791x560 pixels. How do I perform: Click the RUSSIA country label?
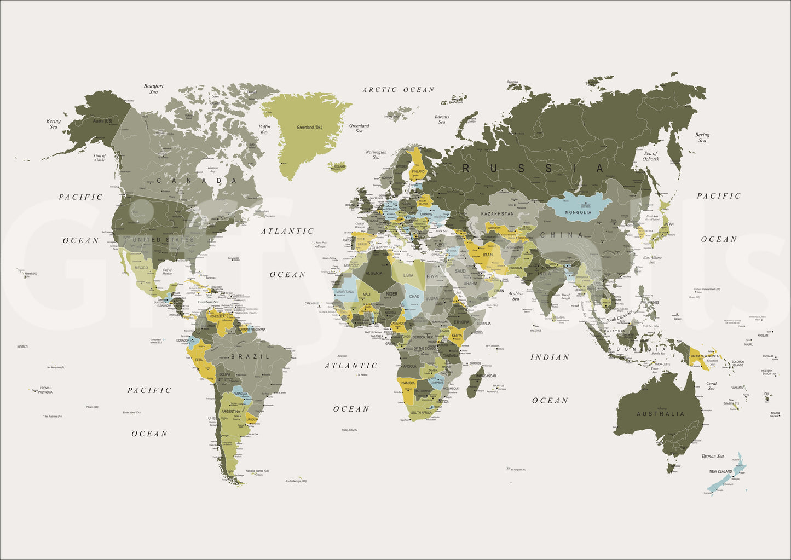click(x=534, y=169)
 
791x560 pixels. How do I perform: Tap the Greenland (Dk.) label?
click(x=309, y=128)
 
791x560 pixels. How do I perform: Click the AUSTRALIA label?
click(x=660, y=414)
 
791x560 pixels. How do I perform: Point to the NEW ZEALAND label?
click(x=720, y=471)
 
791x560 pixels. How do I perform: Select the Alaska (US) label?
click(x=102, y=121)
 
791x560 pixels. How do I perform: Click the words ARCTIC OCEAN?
click(x=399, y=90)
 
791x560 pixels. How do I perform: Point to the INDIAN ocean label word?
click(x=550, y=357)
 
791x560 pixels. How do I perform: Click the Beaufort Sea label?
click(x=154, y=89)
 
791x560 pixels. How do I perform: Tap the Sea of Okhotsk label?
click(x=651, y=156)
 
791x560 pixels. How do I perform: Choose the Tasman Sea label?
click(x=712, y=456)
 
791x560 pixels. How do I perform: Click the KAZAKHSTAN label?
click(x=498, y=213)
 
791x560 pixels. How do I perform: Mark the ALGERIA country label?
click(x=374, y=273)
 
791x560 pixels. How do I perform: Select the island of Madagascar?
click(x=475, y=381)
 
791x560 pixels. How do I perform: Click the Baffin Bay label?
click(x=264, y=129)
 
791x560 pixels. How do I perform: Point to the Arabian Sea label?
click(x=516, y=296)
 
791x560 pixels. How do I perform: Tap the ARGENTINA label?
click(x=230, y=411)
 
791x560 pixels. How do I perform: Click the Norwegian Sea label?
click(x=376, y=155)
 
